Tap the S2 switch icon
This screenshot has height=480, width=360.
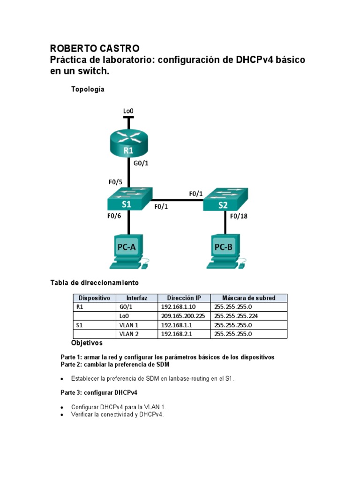tap(226, 201)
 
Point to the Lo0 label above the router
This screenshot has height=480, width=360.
tap(128, 111)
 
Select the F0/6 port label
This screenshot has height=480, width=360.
tap(114, 216)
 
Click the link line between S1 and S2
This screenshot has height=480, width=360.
tap(178, 200)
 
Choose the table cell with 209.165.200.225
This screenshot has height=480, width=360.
tap(183, 316)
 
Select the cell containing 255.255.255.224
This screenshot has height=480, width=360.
tap(248, 316)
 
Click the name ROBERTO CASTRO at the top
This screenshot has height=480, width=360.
tap(94, 49)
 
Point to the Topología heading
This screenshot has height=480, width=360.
tap(88, 89)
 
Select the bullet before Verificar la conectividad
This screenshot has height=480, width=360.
tap(63, 415)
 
